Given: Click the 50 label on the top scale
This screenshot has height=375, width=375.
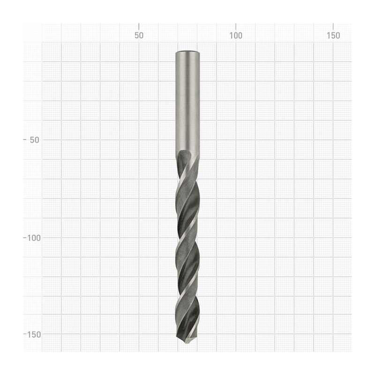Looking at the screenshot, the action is [x=139, y=36].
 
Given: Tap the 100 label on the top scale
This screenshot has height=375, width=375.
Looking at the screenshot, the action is [x=236, y=36].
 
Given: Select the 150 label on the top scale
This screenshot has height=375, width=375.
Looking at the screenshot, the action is [x=333, y=36].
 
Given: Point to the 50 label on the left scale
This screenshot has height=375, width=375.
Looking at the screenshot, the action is [x=34, y=140].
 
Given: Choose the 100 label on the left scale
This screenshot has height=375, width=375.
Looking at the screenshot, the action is [x=33, y=238].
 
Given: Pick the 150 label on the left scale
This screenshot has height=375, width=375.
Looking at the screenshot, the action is [x=34, y=335].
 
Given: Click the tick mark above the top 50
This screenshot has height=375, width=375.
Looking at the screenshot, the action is [x=139, y=27].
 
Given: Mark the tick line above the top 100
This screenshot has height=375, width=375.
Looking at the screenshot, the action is [x=236, y=27].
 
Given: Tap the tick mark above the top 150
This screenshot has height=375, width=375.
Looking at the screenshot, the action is [x=333, y=27].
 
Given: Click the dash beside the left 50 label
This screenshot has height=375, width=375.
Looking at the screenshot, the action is [x=25, y=139].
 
